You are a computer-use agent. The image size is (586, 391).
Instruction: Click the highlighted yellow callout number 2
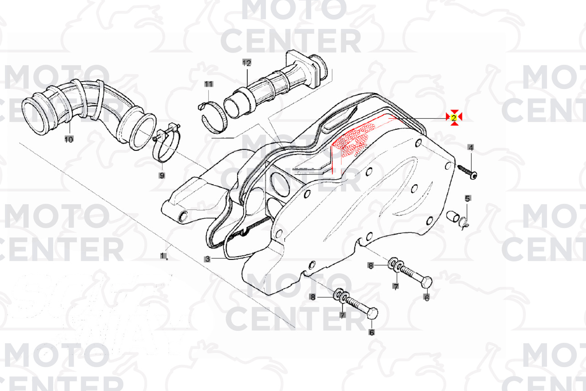coord(454,118)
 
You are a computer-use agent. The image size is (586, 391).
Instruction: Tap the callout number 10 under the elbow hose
coord(69,139)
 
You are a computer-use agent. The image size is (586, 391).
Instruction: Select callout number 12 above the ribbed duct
coord(247,63)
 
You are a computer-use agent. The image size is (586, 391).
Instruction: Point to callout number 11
coord(208,84)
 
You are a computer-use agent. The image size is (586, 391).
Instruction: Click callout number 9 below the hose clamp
coord(162,176)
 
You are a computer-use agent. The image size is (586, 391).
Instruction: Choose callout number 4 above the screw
coord(471,148)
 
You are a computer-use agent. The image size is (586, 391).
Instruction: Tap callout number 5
coord(467,198)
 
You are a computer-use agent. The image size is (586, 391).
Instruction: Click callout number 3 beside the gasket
coord(208,259)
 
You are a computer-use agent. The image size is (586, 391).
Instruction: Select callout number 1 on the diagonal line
coord(163,256)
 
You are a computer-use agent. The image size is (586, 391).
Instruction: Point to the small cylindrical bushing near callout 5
coord(453,216)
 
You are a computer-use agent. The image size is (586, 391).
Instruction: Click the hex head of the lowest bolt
coord(372,313)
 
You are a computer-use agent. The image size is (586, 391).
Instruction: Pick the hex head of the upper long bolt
coord(426,282)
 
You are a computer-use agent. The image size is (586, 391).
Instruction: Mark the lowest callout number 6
coord(371,332)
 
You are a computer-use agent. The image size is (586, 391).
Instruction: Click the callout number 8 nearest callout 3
coord(313,297)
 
